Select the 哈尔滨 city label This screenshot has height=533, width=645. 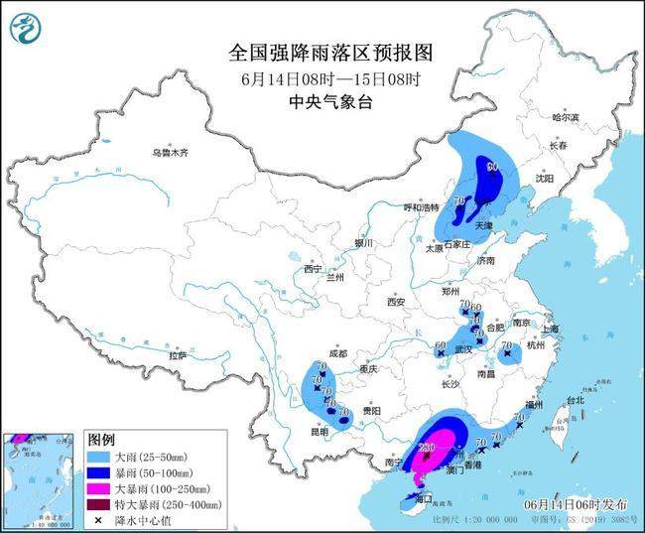click(x=565, y=117)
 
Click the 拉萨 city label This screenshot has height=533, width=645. click(x=178, y=355)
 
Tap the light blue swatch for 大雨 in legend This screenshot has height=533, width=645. click(x=99, y=458)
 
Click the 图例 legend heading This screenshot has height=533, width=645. click(x=101, y=439)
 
